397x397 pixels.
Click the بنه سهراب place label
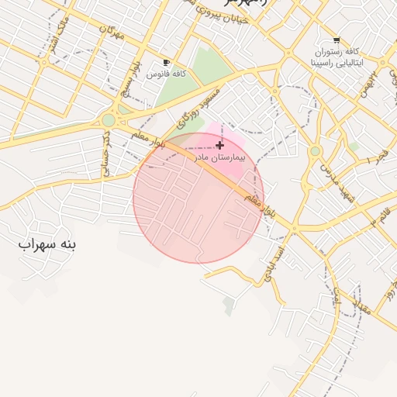pos(48,244)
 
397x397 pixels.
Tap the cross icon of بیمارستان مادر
pos(220,145)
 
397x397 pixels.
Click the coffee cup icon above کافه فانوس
pos(166,62)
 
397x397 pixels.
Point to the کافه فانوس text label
pos(171,73)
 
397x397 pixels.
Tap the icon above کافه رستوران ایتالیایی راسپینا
pos(336,40)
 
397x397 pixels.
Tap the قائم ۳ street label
pos(381,216)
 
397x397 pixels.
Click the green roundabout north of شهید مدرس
pos(315,151)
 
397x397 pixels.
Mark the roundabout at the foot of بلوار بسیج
pos(109,120)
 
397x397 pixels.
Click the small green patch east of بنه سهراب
pos(229,306)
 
